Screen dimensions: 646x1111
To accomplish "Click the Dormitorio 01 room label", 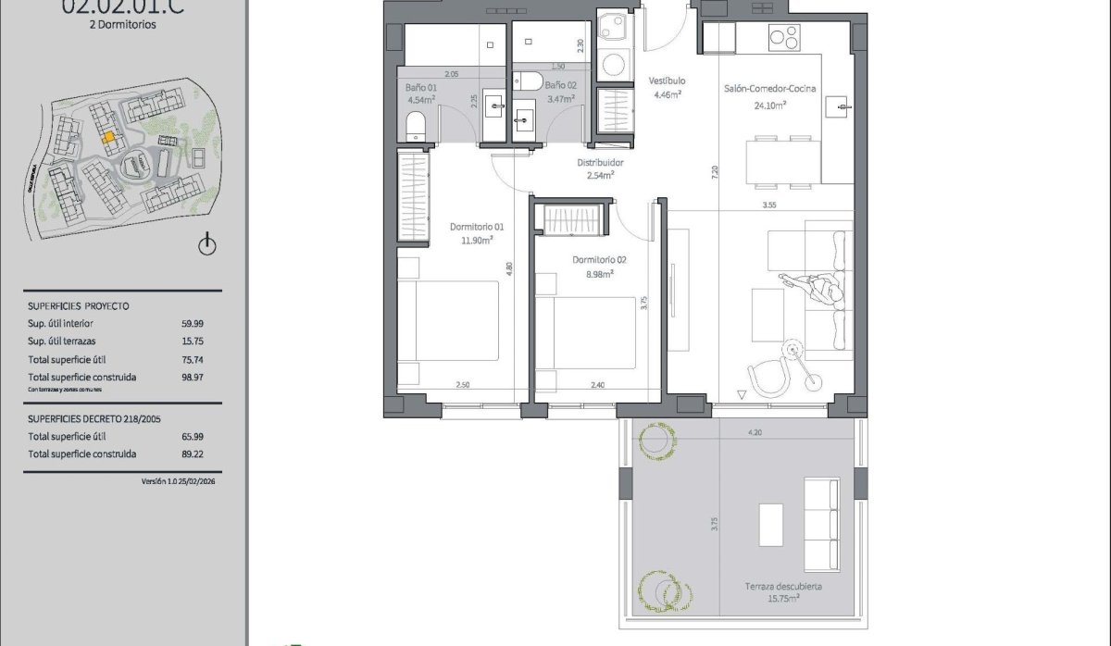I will point(477,227).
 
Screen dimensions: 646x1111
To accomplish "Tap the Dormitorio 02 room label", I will point(599,260).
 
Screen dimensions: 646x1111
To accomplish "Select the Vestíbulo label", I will point(667,81).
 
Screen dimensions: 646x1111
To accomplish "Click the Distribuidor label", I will point(602,162).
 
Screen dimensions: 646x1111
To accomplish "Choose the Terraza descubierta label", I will point(784,587).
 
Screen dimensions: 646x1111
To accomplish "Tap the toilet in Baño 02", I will point(530,81).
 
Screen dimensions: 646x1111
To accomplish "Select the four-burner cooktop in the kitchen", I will point(783,38).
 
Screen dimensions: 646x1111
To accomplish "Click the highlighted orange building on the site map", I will point(108,136).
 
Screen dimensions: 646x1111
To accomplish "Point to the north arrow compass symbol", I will point(207,245).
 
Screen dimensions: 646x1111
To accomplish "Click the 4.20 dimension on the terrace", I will point(755,432).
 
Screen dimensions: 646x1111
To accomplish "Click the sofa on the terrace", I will point(820,510).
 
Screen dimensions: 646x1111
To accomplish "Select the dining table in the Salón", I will point(782,160).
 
